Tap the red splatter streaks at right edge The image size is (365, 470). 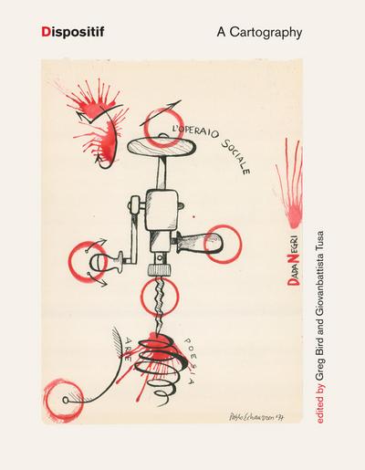point(294,183)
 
